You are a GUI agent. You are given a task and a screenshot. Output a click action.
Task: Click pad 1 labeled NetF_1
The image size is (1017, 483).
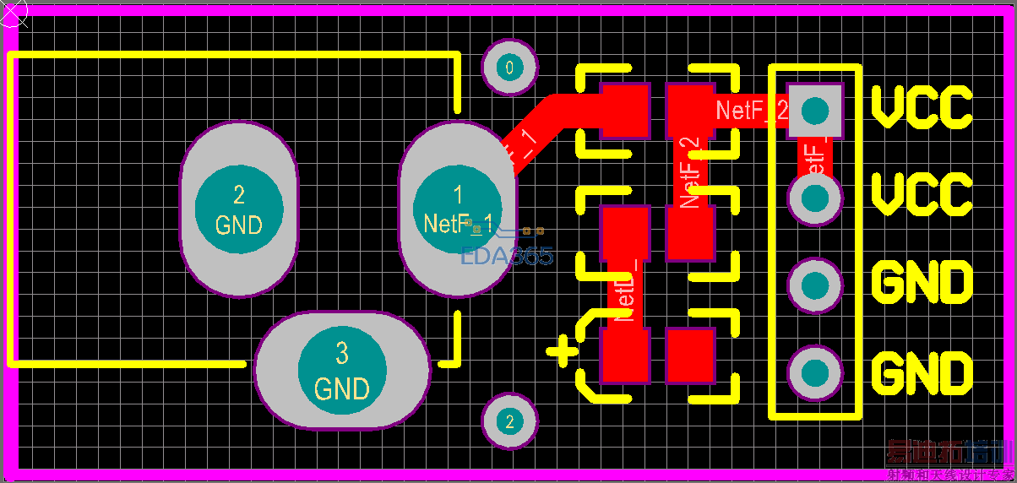point(457,209)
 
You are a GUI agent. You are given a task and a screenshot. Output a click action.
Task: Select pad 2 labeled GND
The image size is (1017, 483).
point(239,209)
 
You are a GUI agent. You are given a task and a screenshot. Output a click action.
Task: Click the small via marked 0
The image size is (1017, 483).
point(508,67)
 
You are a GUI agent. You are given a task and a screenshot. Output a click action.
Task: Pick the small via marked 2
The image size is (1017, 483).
point(508,421)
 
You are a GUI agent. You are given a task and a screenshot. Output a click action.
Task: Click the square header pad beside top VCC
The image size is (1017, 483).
point(815,110)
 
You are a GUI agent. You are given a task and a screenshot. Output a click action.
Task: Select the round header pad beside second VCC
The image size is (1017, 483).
point(815,198)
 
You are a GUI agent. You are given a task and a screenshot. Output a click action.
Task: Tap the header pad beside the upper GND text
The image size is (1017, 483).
point(815,285)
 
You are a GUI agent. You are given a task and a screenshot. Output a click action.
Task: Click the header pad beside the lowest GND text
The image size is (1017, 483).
point(815,372)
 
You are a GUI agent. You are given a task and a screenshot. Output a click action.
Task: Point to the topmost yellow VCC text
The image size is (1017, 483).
point(922,107)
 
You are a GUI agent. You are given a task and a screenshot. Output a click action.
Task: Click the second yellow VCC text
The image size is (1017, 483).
point(922,194)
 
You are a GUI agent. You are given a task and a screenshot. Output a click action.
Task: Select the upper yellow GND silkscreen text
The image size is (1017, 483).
point(922,283)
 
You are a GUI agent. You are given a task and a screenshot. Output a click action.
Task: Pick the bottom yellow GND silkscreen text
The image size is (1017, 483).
point(922,373)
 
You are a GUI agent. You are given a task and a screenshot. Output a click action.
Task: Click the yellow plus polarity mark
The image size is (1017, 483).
point(563,350)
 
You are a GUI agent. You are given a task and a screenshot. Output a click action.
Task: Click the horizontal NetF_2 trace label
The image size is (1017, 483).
point(752,111)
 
